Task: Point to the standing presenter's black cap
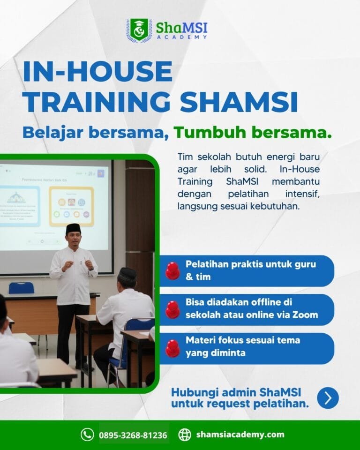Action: (73, 228)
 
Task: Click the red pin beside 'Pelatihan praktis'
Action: (172, 270)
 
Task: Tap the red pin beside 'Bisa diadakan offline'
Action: (172, 309)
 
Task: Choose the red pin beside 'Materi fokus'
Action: (172, 348)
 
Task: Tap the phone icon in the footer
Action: (87, 435)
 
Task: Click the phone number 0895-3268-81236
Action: (133, 435)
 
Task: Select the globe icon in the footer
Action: (185, 435)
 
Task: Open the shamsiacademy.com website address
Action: (240, 435)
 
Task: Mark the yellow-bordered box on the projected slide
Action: (71, 206)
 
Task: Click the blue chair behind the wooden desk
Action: (22, 288)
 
